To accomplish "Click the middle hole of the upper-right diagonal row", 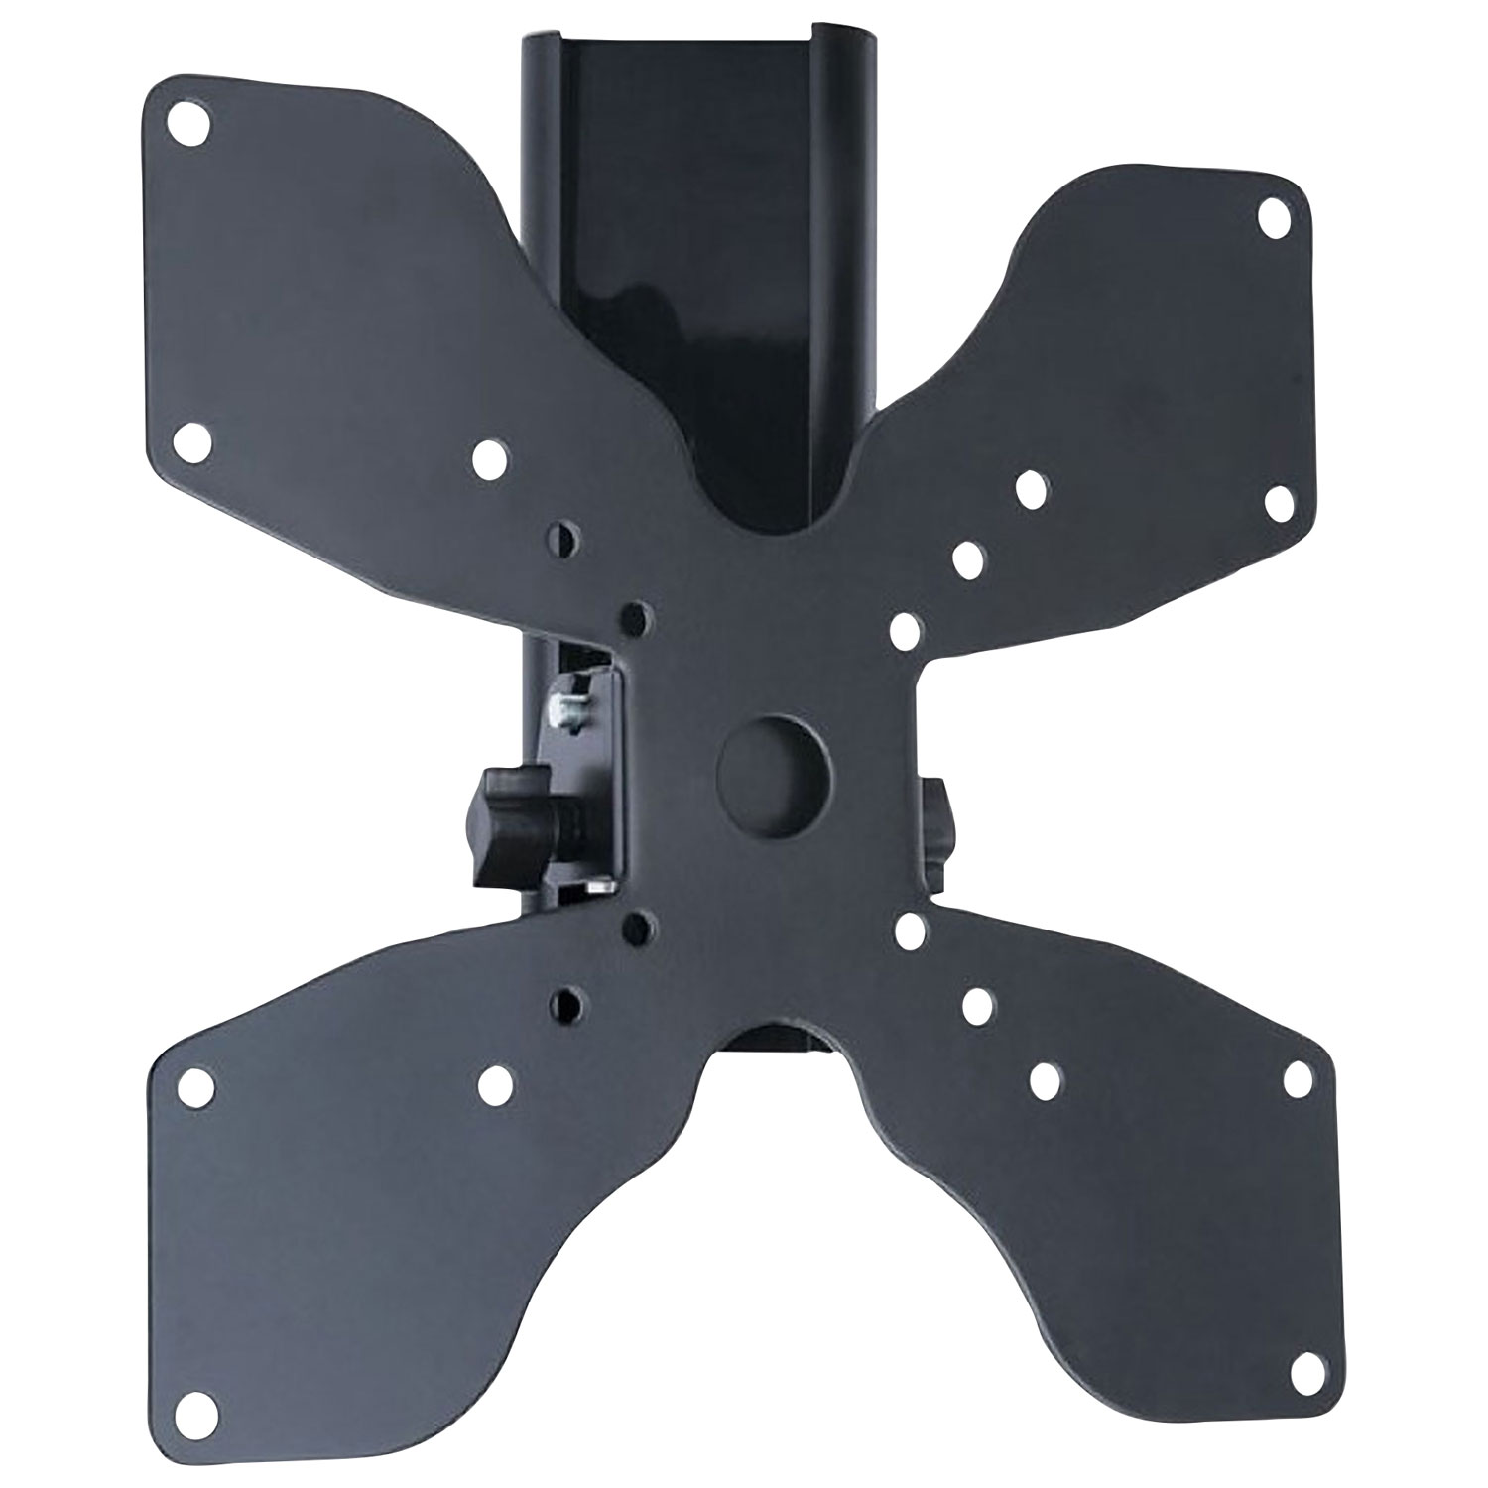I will pos(967,558).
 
